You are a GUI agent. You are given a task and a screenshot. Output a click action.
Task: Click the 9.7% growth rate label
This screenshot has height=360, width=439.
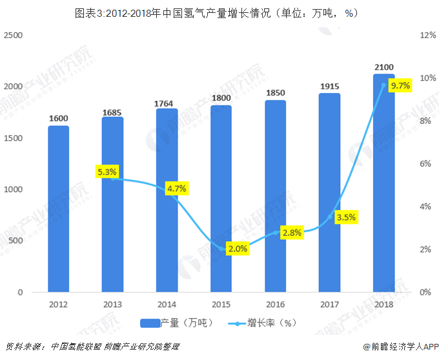(x=401, y=85)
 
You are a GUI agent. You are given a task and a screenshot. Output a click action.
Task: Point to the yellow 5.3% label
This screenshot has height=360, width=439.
(x=107, y=172)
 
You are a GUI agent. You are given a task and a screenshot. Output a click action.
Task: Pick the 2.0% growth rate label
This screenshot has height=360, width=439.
(x=238, y=249)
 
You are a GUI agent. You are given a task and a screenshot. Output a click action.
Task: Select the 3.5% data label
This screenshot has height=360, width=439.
(x=346, y=217)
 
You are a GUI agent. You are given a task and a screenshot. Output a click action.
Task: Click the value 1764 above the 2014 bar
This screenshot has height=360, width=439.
(x=167, y=103)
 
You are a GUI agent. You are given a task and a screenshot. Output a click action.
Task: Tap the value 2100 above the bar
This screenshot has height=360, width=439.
(x=383, y=67)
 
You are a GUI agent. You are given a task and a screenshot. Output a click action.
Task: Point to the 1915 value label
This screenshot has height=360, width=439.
(x=329, y=87)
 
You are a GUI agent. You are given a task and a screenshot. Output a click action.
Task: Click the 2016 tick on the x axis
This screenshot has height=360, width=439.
(x=275, y=304)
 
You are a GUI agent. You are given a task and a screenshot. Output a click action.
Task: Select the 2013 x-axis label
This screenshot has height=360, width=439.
(x=112, y=304)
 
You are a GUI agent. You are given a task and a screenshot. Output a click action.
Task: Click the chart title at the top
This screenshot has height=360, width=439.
(x=219, y=12)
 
